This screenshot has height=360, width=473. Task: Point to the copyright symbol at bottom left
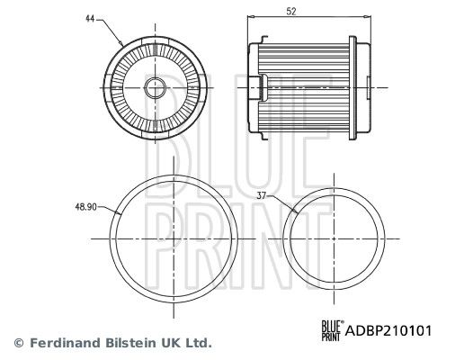pyautogui.click(x=18, y=343)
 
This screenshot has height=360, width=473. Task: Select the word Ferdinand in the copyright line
pyautogui.click(x=63, y=343)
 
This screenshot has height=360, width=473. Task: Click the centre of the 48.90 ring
pyautogui.click(x=174, y=240)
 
